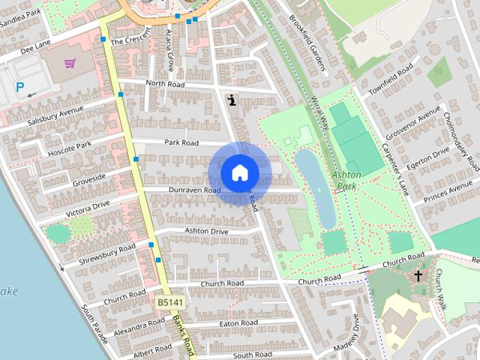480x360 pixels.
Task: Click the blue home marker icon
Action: (239, 172)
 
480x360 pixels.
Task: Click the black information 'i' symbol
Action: (232, 100)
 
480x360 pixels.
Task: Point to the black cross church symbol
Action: (418, 277)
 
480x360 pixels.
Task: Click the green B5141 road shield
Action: (170, 301)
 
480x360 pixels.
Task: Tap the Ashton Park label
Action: (346, 179)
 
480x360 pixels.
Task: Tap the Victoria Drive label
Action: (87, 209)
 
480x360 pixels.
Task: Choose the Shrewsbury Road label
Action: (106, 255)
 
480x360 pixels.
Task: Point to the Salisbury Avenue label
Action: (55, 117)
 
